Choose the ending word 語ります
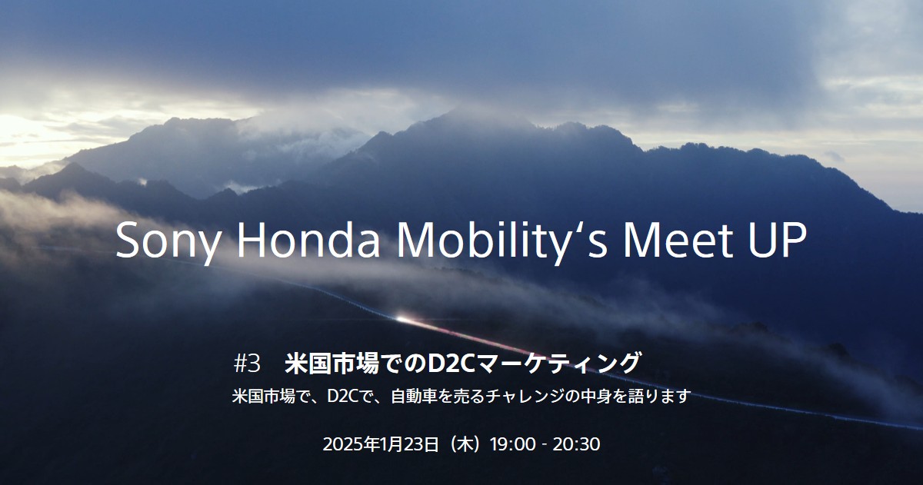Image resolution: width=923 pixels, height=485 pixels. (x=662, y=397)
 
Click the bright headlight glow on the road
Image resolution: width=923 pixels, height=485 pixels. (x=401, y=318)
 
